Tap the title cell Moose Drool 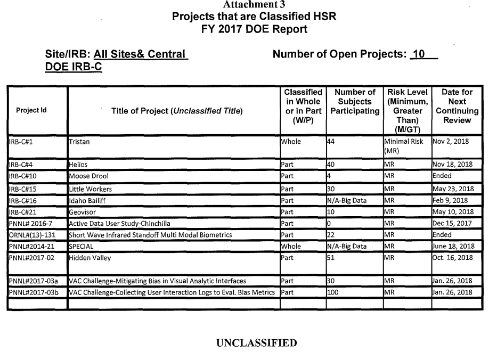pyautogui.click(x=87, y=175)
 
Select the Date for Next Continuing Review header pyautogui.click(x=457, y=106)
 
